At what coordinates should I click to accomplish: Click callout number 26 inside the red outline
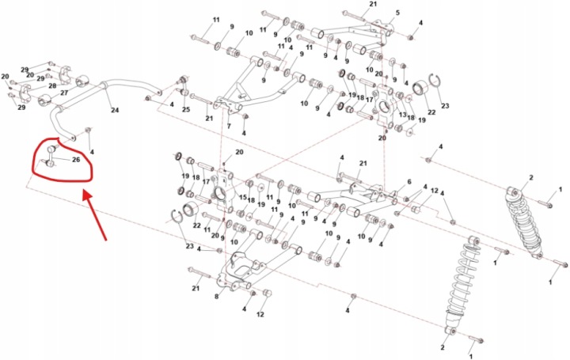(x=76, y=160)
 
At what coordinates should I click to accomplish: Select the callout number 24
(x=115, y=110)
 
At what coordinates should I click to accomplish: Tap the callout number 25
(x=186, y=109)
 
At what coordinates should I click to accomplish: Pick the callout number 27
(x=64, y=93)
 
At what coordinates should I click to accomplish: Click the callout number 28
(x=52, y=86)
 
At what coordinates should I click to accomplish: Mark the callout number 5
(x=397, y=13)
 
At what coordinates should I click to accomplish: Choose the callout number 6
(x=409, y=182)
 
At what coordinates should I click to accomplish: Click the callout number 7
(x=229, y=127)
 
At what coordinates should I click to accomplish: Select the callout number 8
(x=216, y=297)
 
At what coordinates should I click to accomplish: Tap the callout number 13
(x=402, y=115)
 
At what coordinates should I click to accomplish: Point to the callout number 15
(x=243, y=197)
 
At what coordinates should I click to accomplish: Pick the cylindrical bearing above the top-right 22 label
(x=419, y=88)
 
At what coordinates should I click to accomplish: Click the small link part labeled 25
(x=183, y=86)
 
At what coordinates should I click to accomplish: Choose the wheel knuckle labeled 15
(x=223, y=191)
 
